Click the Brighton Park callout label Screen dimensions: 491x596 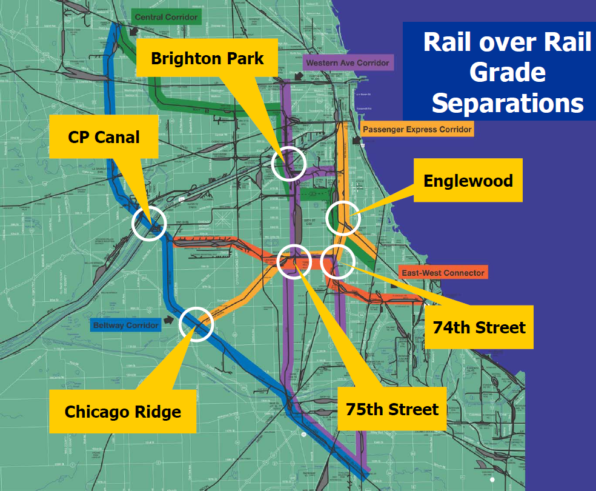pyautogui.click(x=207, y=58)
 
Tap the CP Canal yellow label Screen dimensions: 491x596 pyautogui.click(x=104, y=137)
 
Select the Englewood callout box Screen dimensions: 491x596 pyautogui.click(x=468, y=181)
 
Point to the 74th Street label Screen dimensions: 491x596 pyautogui.click(x=478, y=327)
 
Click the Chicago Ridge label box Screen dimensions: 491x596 pyautogui.click(x=122, y=412)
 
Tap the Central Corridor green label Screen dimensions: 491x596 pyautogui.click(x=166, y=17)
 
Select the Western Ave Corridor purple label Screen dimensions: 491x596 pyautogui.click(x=347, y=63)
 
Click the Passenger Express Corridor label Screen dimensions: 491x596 pyautogui.click(x=417, y=129)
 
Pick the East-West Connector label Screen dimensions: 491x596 pyautogui.click(x=443, y=273)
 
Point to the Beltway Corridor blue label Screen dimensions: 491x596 pyautogui.click(x=126, y=326)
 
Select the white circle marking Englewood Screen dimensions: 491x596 pyautogui.click(x=343, y=218)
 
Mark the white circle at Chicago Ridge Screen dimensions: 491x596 pyautogui.click(x=197, y=324)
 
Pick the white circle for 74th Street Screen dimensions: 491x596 pyautogui.click(x=337, y=261)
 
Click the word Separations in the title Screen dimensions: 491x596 pyautogui.click(x=508, y=103)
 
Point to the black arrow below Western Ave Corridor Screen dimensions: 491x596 pyautogui.click(x=299, y=76)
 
